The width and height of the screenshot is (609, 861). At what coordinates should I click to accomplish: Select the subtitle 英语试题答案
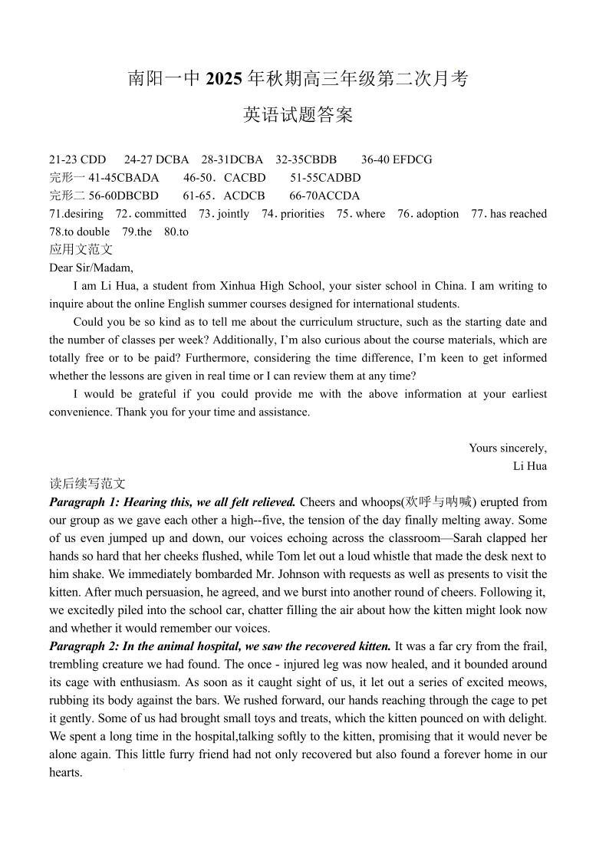coord(298,115)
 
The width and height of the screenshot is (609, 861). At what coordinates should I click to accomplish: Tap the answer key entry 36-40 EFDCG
coord(397,159)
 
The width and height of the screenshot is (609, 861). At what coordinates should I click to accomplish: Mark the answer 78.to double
coord(79,232)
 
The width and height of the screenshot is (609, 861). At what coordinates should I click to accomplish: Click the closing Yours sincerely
coord(508,448)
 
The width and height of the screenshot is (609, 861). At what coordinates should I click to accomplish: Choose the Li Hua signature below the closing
coord(530,465)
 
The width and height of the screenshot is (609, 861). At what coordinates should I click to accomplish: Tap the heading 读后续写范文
coord(87,484)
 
